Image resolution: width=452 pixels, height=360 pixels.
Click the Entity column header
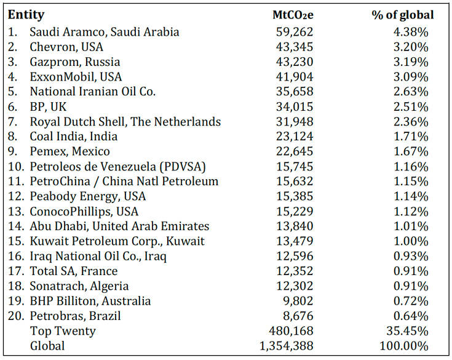[26, 15]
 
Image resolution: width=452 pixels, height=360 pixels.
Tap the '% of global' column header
[403, 15]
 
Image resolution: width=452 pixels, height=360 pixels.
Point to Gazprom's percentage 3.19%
[412, 62]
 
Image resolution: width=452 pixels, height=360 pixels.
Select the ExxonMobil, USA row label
[76, 77]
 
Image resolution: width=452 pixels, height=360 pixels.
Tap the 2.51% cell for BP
[412, 106]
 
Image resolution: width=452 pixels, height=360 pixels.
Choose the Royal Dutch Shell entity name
[125, 121]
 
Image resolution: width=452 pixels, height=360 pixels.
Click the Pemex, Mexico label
[69, 151]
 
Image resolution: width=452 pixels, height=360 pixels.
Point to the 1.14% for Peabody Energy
[412, 196]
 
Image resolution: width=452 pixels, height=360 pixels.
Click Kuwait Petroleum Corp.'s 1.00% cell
[412, 241]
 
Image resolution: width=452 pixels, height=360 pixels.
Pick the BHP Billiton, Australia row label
[90, 301]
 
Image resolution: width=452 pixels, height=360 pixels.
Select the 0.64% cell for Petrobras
[412, 316]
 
